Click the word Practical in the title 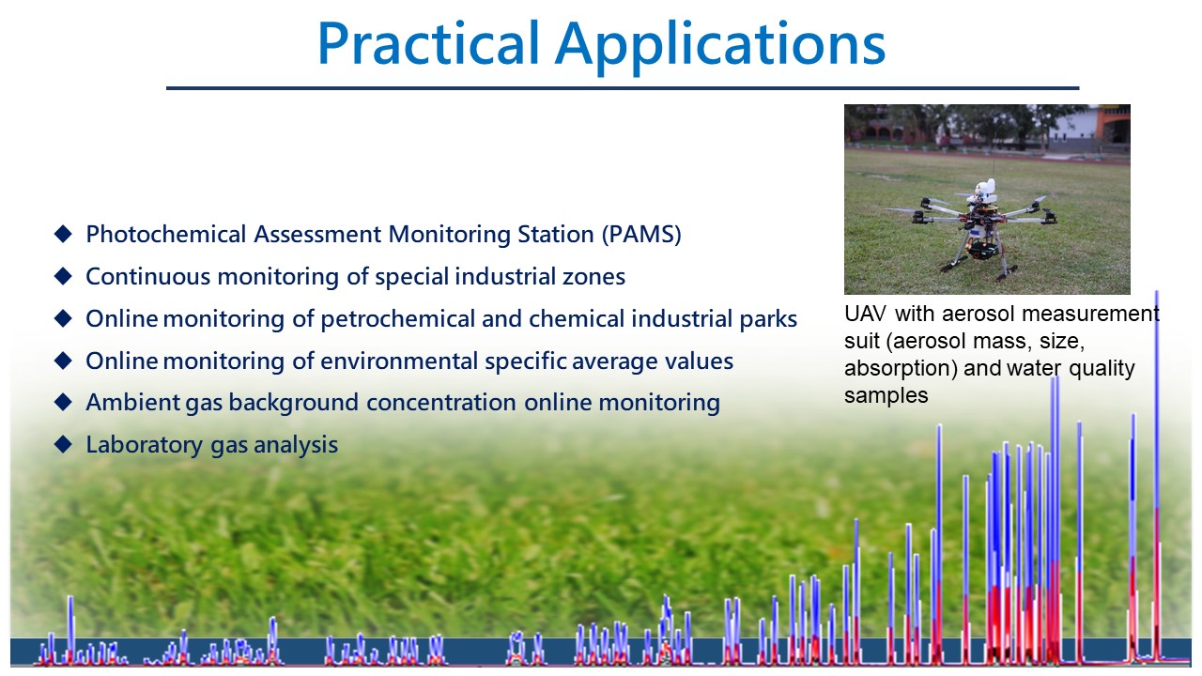coord(428,43)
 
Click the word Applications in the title coord(720,47)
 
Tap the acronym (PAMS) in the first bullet coord(641,235)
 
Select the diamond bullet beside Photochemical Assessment coord(63,234)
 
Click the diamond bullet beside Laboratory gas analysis coord(63,444)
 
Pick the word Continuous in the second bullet coord(147,277)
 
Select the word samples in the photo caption coord(886,396)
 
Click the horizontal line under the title coord(623,88)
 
